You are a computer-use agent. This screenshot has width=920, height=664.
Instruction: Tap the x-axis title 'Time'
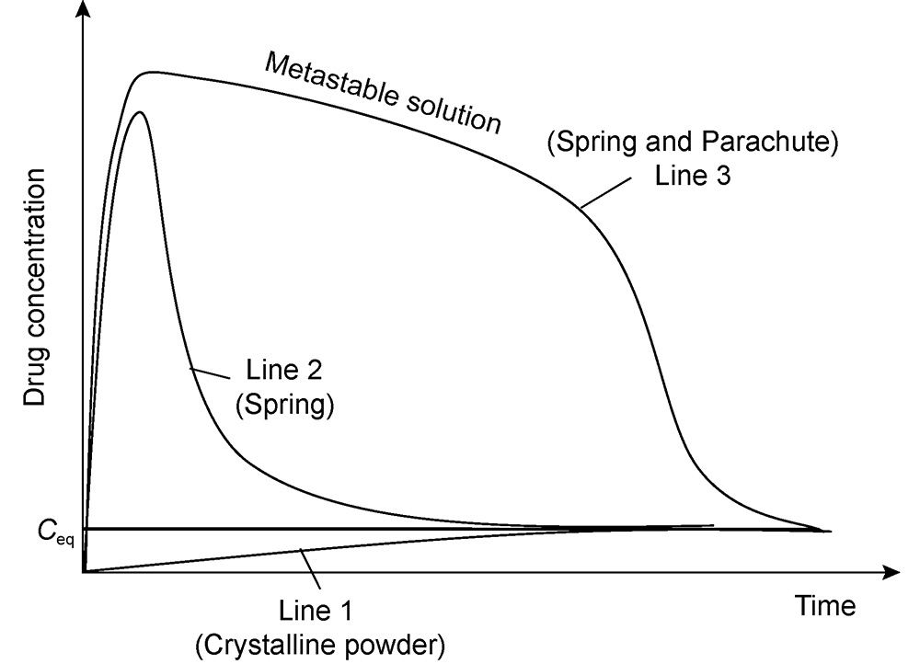pyautogui.click(x=824, y=606)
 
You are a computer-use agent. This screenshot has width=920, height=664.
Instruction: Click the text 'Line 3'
pyautogui.click(x=692, y=175)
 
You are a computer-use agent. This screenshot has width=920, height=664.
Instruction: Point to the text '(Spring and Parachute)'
pyautogui.click(x=694, y=143)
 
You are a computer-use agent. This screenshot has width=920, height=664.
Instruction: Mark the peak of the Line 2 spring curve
pyautogui.click(x=140, y=112)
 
